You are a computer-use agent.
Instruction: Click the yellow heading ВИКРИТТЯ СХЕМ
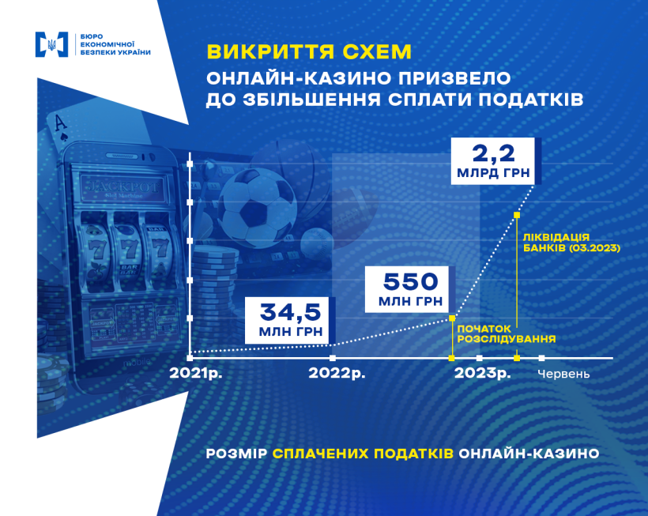coord(309,51)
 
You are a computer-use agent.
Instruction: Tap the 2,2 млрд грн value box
coord(493,161)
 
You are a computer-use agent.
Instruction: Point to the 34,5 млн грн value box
coord(290,320)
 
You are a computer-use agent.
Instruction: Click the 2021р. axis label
coord(196,373)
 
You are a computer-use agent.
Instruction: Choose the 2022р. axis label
coord(337,373)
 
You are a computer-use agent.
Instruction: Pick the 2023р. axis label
coord(482,373)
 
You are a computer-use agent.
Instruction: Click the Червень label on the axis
coord(563,374)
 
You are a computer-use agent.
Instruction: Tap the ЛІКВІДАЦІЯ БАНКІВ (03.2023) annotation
coord(571,243)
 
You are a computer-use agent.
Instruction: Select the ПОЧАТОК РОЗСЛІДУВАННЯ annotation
coord(507,333)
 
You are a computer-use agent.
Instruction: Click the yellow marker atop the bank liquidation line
coord(517,215)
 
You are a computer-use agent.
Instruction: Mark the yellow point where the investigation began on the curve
coord(452,318)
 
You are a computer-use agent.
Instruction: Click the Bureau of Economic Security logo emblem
coord(51,44)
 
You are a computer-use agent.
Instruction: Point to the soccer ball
coord(257,209)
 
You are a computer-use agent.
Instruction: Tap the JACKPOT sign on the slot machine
coord(122,188)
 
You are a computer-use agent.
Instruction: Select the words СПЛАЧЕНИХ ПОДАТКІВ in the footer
coord(363,454)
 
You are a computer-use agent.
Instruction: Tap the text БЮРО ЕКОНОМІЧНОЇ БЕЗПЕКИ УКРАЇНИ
coord(115,44)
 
